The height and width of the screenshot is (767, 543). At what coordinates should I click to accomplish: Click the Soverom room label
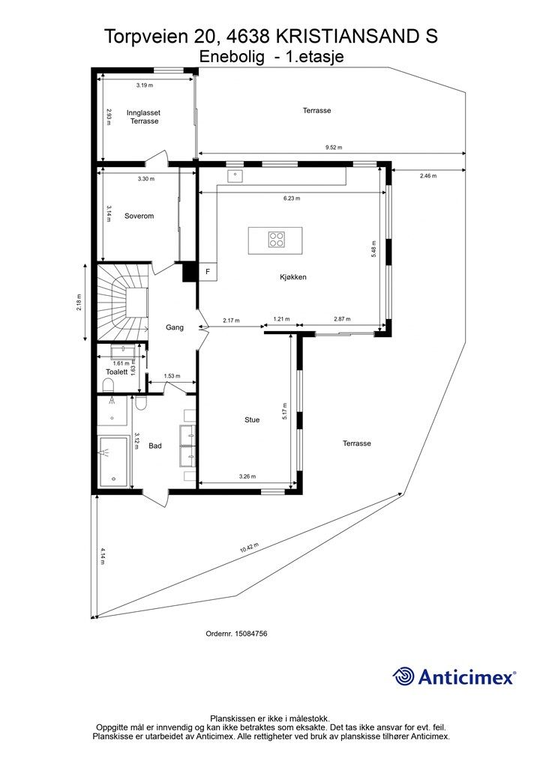139,216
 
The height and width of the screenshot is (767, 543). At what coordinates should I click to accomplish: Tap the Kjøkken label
292,277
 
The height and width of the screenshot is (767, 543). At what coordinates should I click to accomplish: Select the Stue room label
252,419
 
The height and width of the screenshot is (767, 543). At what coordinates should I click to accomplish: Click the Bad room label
155,446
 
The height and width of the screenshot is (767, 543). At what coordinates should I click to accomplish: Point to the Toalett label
116,372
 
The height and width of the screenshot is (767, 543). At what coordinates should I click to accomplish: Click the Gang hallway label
175,327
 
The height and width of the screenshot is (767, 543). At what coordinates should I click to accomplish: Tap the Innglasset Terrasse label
143,117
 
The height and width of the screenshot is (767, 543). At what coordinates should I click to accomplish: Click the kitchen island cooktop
276,239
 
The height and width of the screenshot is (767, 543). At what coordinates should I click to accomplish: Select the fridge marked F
208,271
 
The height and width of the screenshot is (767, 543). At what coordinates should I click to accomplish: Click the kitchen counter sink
235,175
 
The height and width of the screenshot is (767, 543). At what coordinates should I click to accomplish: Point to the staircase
122,303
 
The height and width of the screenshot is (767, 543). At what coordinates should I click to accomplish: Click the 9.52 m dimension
334,148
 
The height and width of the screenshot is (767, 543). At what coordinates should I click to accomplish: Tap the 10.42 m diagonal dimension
249,548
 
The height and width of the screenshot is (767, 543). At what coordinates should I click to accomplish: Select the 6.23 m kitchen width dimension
292,198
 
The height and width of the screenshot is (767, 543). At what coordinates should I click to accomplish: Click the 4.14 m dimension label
103,557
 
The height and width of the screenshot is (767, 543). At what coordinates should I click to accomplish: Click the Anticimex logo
454,676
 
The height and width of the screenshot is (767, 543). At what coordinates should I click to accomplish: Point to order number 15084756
236,634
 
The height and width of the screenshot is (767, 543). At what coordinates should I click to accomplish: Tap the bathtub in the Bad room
115,461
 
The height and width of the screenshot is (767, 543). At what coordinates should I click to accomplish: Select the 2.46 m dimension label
428,176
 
